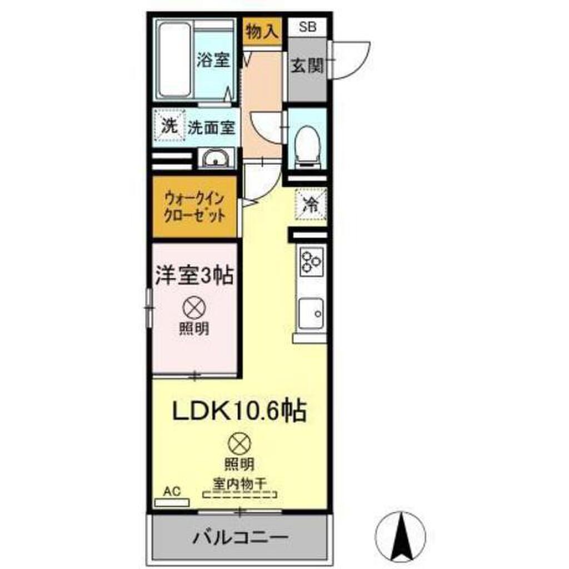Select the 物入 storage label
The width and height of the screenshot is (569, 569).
[261, 32]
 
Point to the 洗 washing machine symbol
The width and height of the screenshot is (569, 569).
[169, 126]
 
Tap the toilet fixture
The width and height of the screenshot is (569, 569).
[307, 144]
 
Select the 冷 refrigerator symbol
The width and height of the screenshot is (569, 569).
[311, 204]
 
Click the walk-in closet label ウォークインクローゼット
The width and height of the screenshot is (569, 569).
[194, 207]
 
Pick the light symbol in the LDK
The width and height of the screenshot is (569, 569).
[239, 443]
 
